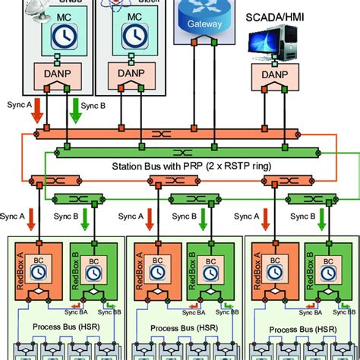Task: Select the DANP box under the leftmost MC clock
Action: (x=50, y=75)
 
